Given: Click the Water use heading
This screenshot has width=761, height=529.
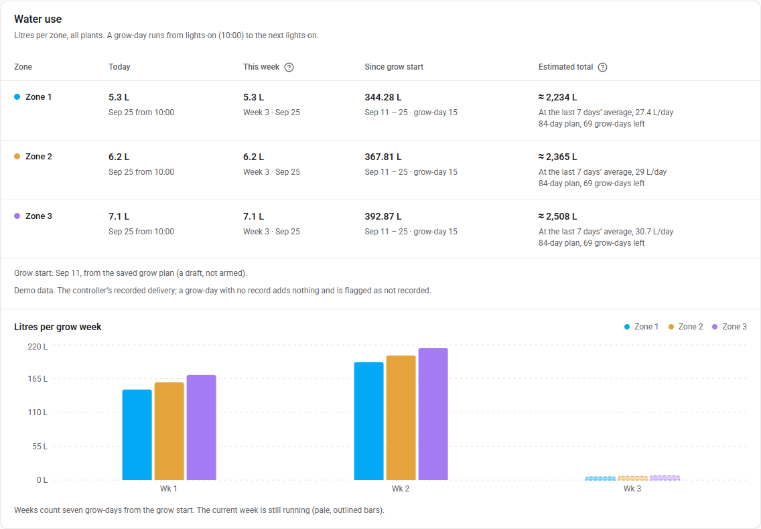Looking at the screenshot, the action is tap(38, 19).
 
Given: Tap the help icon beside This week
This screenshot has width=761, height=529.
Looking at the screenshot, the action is tap(289, 67).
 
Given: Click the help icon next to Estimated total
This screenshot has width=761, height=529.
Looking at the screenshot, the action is tap(602, 67).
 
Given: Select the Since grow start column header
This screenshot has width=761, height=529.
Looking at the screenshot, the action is tap(394, 67).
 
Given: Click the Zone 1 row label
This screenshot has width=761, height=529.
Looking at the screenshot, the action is tap(38, 97).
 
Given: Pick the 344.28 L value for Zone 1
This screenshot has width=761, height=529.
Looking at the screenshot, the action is tap(383, 97).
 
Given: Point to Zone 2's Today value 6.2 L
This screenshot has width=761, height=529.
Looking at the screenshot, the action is tap(119, 157).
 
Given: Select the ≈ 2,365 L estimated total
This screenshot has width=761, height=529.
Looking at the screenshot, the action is tap(557, 157).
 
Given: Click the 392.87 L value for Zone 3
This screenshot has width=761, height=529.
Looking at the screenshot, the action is tap(383, 216).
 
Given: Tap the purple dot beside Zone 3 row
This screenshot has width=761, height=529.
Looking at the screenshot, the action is tap(17, 216).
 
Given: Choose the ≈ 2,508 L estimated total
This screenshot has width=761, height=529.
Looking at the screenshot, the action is tap(557, 216).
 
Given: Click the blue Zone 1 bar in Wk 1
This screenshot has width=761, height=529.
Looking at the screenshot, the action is tap(137, 435).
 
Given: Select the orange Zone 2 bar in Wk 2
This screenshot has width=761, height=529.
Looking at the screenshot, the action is tap(401, 418).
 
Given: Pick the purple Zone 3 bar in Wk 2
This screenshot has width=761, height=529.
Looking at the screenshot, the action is tap(433, 414).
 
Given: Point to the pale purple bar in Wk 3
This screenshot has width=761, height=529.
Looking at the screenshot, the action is tap(665, 478).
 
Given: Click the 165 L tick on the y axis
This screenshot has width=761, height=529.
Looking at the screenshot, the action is tap(38, 378).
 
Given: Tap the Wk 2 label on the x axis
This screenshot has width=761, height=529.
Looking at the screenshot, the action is tap(401, 489).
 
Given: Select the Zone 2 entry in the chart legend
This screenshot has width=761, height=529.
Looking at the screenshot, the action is tap(685, 327).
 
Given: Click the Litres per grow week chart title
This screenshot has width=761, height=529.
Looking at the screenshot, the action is tap(58, 327).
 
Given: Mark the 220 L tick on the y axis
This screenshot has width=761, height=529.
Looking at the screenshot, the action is tap(38, 346).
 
